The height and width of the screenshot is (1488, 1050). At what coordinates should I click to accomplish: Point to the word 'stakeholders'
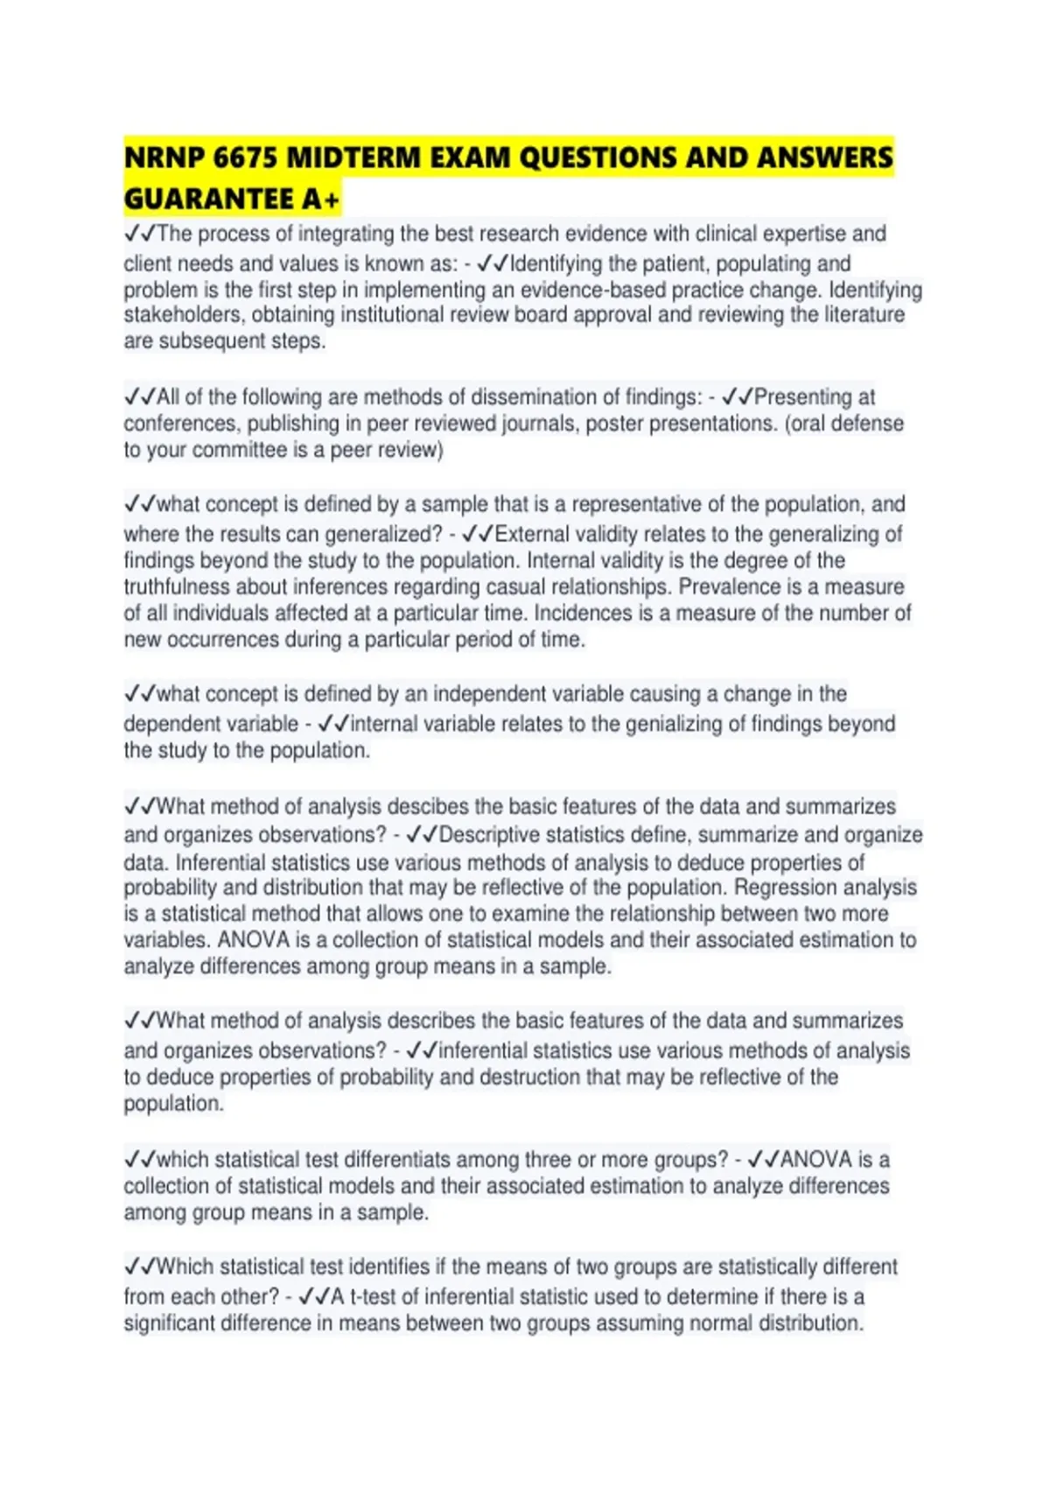(x=185, y=315)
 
